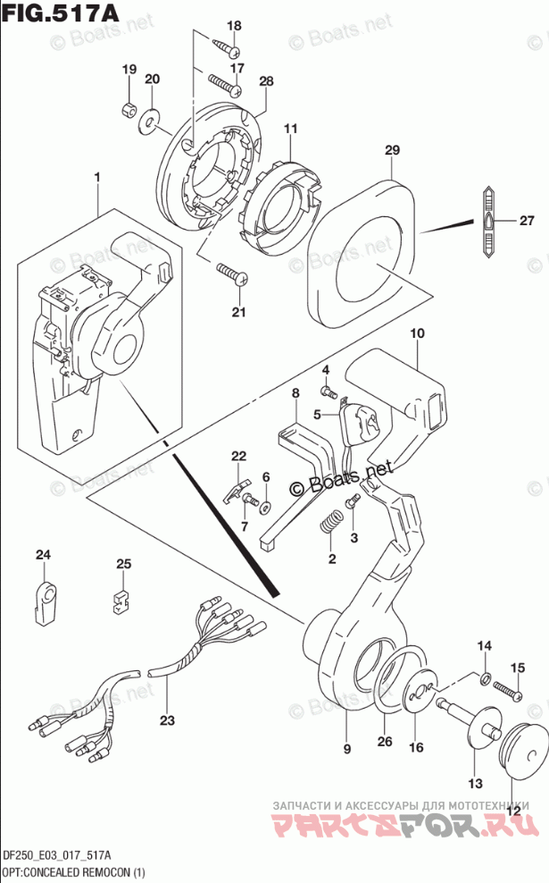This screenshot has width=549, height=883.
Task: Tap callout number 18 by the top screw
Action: point(234,26)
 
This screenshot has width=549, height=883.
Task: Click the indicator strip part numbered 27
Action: point(488,223)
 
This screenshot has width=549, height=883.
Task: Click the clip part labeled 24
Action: point(44,597)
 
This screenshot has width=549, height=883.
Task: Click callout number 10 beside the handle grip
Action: point(417,333)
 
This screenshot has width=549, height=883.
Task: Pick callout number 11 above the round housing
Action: point(289,130)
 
